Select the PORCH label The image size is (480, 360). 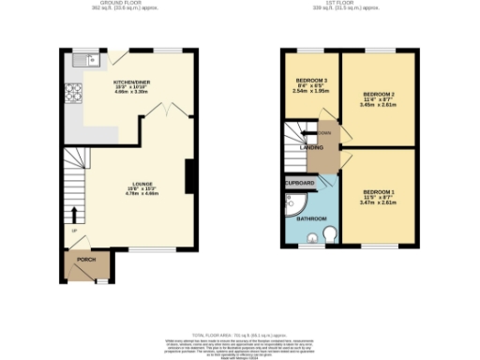(x=86, y=260)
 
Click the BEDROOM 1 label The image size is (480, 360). (x=379, y=192)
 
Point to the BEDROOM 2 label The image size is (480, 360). (x=379, y=96)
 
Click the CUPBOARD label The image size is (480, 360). (x=301, y=183)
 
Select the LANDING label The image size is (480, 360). (x=312, y=148)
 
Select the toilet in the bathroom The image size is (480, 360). (x=329, y=232)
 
